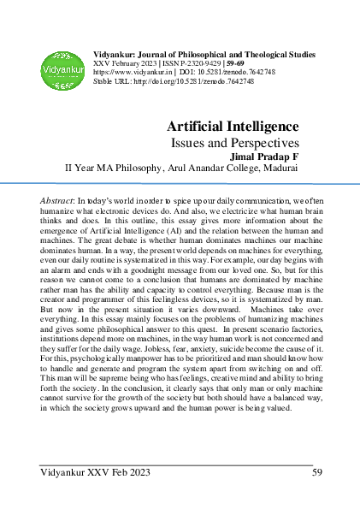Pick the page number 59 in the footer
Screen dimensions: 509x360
tap(316, 471)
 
